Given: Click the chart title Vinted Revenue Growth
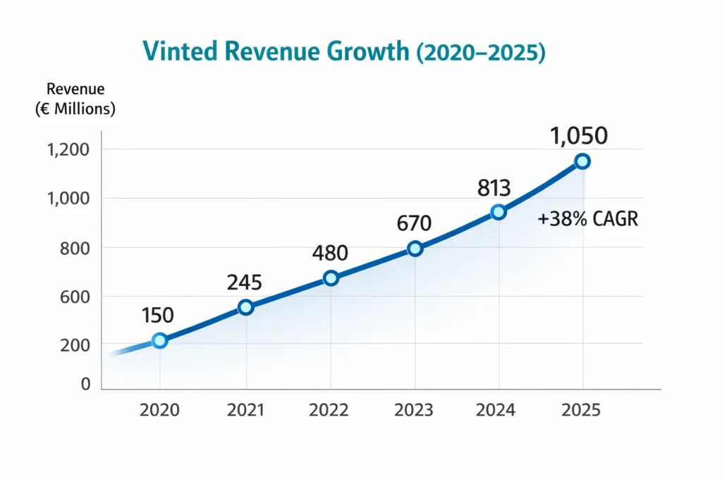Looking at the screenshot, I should pyautogui.click(x=343, y=54).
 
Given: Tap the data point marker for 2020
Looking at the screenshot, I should pyautogui.click(x=160, y=341).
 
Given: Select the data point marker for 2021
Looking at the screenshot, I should pyautogui.click(x=245, y=307).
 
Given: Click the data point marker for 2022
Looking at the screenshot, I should pyautogui.click(x=331, y=278).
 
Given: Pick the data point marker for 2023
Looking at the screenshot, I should pyautogui.click(x=415, y=249).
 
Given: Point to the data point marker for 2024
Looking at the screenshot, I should pyautogui.click(x=498, y=212).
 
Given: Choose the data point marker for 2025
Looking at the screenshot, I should pyautogui.click(x=582, y=161).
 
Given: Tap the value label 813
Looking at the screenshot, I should pyautogui.click(x=494, y=187).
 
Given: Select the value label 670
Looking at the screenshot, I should pyautogui.click(x=413, y=223).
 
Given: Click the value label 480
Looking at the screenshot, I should pyautogui.click(x=331, y=252).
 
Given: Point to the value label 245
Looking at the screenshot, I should pyautogui.click(x=244, y=282).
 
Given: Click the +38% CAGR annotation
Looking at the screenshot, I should pyautogui.click(x=587, y=220).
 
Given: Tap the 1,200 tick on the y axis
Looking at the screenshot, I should pyautogui.click(x=68, y=149).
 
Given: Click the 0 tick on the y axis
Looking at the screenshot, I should pyautogui.click(x=86, y=385).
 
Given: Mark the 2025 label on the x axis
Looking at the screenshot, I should pyautogui.click(x=582, y=410).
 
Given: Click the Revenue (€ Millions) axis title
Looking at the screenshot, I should pyautogui.click(x=75, y=99).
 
